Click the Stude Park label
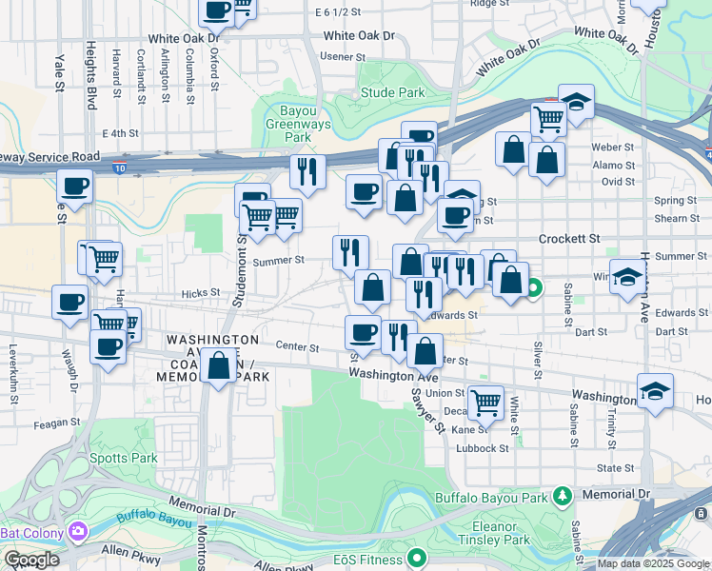392,93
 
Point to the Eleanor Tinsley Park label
515,533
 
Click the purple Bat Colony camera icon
75,530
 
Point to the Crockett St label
570,239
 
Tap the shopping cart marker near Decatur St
485,402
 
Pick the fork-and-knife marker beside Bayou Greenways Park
307,171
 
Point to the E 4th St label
120,133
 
